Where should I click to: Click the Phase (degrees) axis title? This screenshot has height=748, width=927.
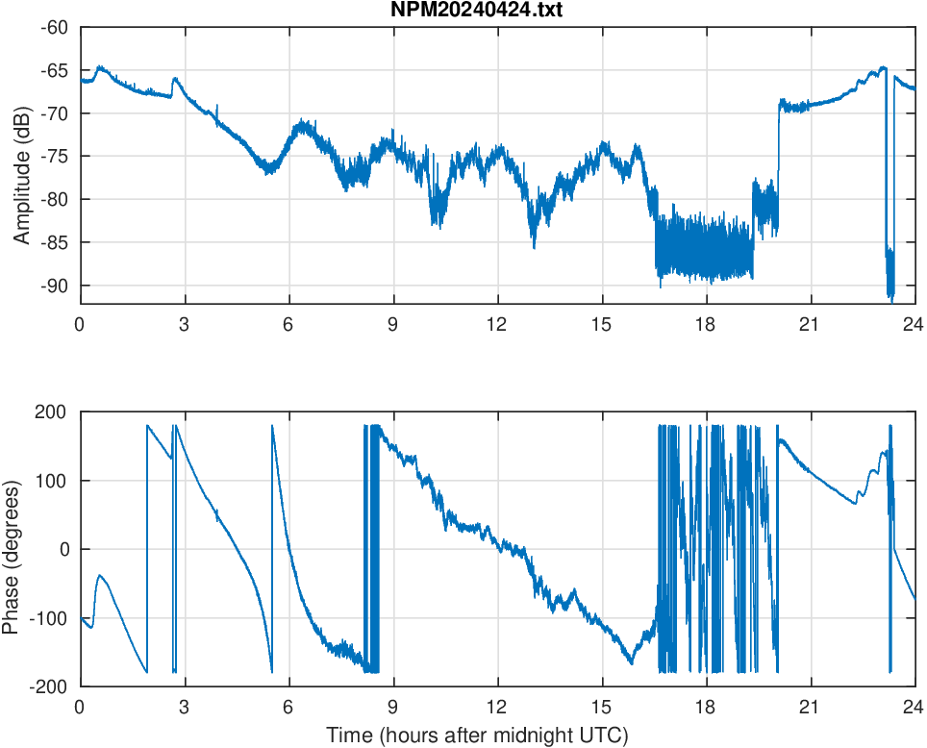pyautogui.click(x=12, y=549)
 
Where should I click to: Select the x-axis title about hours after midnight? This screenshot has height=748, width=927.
pyautogui.click(x=477, y=736)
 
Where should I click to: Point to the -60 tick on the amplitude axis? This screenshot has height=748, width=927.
pyautogui.click(x=54, y=28)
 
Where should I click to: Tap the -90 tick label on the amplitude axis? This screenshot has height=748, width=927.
pyautogui.click(x=54, y=286)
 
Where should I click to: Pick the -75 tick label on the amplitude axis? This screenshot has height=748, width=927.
pyautogui.click(x=54, y=157)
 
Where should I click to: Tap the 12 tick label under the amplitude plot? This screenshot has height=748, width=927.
pyautogui.click(x=497, y=324)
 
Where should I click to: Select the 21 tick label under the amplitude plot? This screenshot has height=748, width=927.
pyautogui.click(x=811, y=324)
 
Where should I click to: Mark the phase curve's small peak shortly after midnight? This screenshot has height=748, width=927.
pyautogui.click(x=100, y=575)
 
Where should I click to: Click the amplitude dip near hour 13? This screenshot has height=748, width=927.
pyautogui.click(x=534, y=246)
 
